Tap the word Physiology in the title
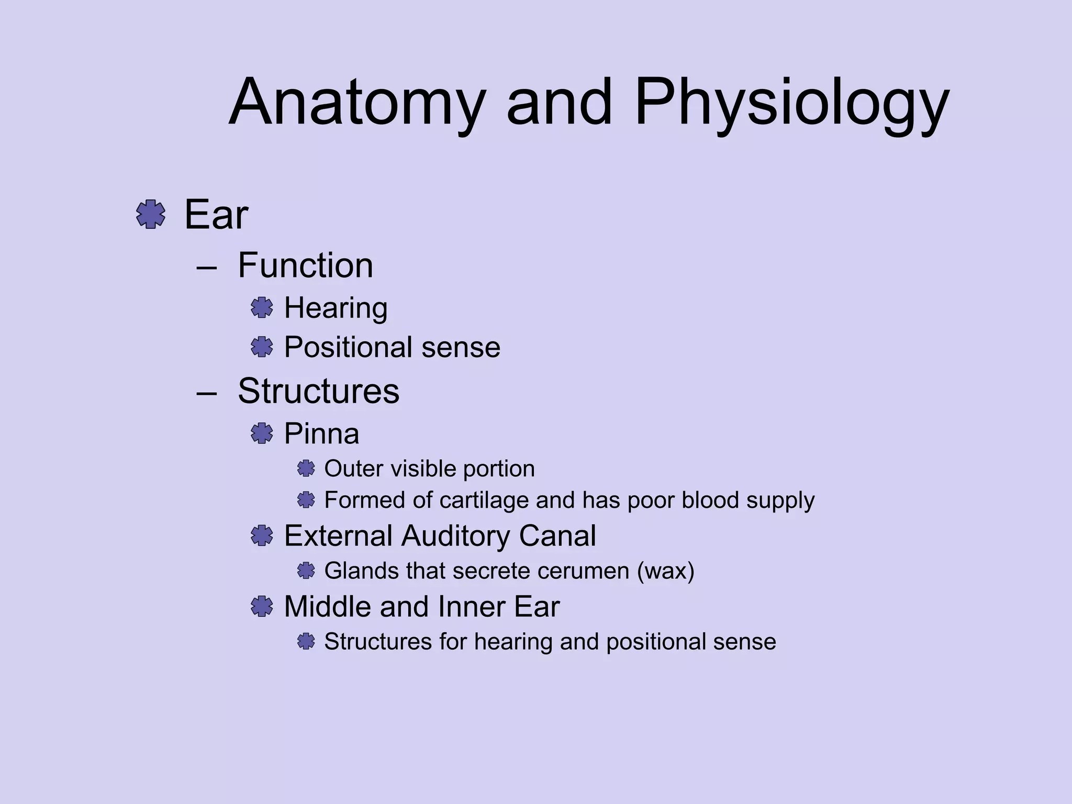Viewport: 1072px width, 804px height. (x=791, y=103)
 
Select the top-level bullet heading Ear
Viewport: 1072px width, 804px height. (x=216, y=215)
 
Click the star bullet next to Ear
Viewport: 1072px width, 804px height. (x=151, y=214)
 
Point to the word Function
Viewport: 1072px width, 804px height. (x=305, y=265)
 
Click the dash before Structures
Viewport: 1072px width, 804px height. (x=207, y=393)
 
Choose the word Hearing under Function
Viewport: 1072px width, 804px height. (x=336, y=308)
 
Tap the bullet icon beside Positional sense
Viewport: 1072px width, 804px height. (x=262, y=347)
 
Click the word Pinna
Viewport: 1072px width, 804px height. (x=321, y=433)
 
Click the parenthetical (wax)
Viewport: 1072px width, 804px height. (x=665, y=571)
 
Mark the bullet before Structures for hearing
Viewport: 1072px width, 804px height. (x=306, y=641)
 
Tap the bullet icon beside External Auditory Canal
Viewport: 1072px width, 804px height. (x=262, y=535)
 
